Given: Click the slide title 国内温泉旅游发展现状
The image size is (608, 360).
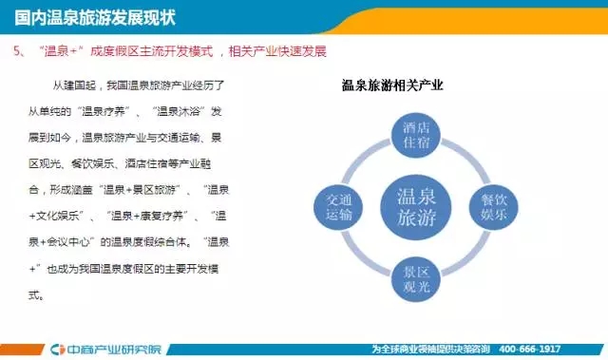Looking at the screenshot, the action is [95, 18].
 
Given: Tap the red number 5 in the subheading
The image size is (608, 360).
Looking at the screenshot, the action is [17, 51].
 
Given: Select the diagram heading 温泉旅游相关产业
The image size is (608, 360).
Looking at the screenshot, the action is [392, 85].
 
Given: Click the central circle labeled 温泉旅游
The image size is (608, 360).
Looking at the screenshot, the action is [416, 207].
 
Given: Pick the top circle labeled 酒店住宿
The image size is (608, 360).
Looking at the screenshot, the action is [416, 135].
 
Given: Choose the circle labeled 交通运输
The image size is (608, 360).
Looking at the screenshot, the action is [338, 207].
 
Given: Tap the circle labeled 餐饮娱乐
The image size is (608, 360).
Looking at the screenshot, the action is [493, 207].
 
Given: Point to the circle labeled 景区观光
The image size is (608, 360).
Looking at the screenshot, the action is [416, 279].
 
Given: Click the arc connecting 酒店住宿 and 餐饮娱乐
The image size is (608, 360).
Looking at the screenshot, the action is [471, 156].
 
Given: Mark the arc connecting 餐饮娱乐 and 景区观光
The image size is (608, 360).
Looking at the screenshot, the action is [471, 258].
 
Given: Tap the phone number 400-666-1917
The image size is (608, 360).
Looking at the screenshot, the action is [530, 350].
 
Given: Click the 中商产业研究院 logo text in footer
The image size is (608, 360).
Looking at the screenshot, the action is [113, 350].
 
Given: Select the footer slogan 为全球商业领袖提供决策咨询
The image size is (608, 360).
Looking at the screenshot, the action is [430, 350].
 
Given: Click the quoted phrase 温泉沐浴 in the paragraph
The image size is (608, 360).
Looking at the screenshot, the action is [179, 111].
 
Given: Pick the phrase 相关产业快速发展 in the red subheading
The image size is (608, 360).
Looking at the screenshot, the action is [277, 51].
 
